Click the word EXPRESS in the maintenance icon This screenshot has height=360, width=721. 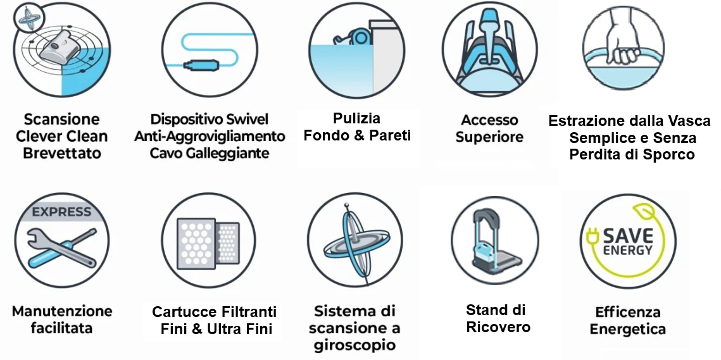62,212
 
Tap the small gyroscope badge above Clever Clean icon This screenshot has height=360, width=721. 28,20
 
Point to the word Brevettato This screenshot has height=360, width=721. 62,153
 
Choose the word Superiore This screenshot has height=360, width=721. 489,137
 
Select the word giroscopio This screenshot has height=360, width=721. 355,345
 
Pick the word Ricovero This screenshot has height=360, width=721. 498,326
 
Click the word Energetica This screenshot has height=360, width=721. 627,329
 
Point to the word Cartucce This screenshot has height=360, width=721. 183,312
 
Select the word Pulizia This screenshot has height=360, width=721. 356,118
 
